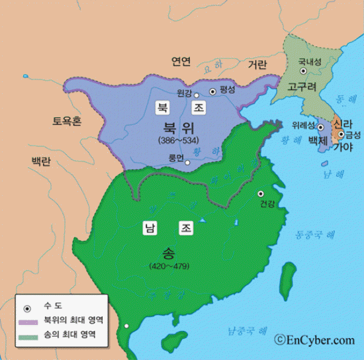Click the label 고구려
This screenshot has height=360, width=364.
301,87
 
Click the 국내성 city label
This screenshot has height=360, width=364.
310,62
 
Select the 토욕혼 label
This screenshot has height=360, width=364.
68,121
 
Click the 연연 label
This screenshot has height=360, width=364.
181,62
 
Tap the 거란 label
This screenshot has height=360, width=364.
257,65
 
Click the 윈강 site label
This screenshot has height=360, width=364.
185,93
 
